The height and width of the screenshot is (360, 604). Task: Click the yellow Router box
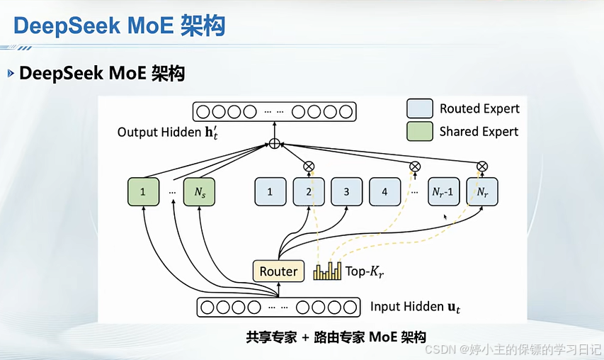pyautogui.click(x=278, y=271)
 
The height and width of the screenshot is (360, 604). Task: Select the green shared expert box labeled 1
pyautogui.click(x=143, y=192)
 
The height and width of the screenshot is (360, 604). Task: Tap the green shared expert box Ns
pyautogui.click(x=198, y=192)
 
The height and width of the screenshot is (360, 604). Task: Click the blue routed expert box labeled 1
pyautogui.click(x=270, y=192)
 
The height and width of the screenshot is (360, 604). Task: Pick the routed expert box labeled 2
pyautogui.click(x=308, y=192)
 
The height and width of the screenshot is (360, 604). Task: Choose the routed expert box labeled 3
pyautogui.click(x=346, y=192)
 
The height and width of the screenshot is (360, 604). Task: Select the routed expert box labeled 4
pyautogui.click(x=384, y=192)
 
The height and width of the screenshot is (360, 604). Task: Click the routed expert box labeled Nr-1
pyautogui.click(x=443, y=192)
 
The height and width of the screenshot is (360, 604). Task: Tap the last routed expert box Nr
pyautogui.click(x=482, y=192)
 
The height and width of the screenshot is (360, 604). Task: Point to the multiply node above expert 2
pyautogui.click(x=308, y=166)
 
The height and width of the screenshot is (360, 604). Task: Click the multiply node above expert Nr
pyautogui.click(x=482, y=166)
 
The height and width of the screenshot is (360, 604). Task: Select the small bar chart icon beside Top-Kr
pyautogui.click(x=328, y=271)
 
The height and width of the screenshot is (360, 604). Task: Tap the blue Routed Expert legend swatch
pyautogui.click(x=419, y=108)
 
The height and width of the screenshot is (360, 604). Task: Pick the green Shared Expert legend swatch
pyautogui.click(x=419, y=131)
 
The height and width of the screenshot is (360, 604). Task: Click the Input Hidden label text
pyautogui.click(x=415, y=307)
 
